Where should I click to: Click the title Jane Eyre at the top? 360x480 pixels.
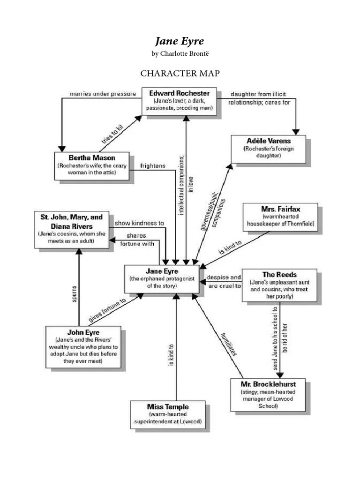click(180, 41)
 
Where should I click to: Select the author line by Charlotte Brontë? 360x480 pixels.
click(180, 53)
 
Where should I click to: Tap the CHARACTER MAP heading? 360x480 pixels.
click(180, 74)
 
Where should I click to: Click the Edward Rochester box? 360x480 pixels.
click(179, 100)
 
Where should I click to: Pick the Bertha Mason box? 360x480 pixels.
click(92, 165)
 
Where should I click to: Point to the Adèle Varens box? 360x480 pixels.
click(268, 149)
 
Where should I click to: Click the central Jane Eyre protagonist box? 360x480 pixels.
click(161, 279)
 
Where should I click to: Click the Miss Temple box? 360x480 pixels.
click(167, 414)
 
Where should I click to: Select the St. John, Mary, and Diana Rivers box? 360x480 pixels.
click(71, 229)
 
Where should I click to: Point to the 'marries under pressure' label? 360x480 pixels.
click(103, 94)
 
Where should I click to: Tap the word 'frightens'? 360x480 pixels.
click(152, 166)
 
